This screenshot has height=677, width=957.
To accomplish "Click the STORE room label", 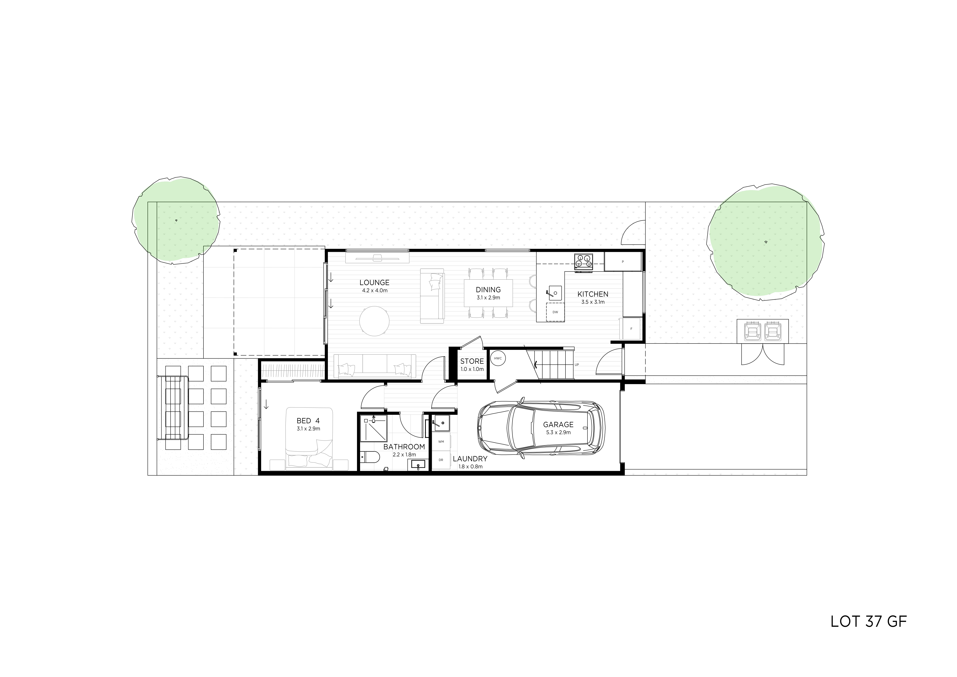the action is [x=472, y=361].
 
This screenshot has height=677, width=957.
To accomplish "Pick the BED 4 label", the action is [x=308, y=421].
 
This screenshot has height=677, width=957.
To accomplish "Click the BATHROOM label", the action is [x=404, y=447].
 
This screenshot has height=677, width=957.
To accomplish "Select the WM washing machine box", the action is [x=441, y=441].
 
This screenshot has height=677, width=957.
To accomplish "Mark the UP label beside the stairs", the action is [x=577, y=365].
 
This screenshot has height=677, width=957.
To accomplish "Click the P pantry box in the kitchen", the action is [x=623, y=261].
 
